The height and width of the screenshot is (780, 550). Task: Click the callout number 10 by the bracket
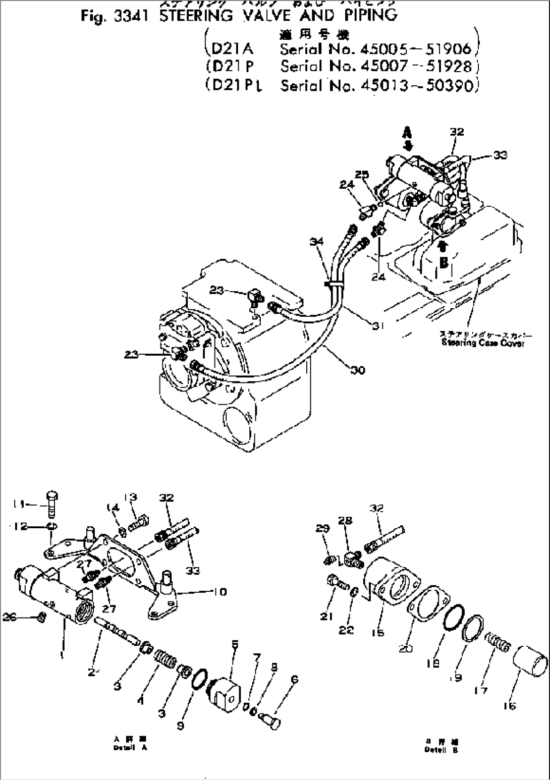click(220, 591)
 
